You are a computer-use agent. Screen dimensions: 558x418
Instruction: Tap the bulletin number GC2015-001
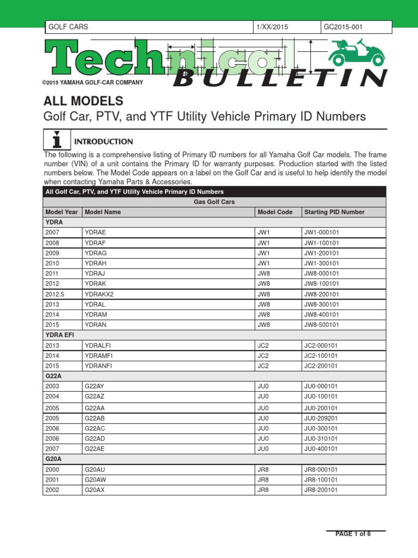point(342,27)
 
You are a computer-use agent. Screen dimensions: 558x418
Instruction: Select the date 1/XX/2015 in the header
point(273,27)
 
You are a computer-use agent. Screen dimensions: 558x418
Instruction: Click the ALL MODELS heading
point(83,101)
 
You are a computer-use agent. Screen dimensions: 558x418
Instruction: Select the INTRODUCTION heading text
point(103,142)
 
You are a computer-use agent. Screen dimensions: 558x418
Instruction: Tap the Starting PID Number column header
point(334,212)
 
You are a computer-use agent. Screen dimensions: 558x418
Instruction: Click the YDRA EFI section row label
point(59,335)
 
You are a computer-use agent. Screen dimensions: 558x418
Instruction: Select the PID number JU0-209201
point(321,418)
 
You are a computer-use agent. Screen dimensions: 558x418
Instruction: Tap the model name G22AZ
point(95,397)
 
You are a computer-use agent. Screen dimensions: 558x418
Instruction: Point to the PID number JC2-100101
point(321,355)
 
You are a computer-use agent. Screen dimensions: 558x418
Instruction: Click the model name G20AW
point(95,480)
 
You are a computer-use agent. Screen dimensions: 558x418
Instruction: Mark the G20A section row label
point(54,459)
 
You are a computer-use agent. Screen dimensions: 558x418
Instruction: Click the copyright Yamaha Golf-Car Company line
point(93,82)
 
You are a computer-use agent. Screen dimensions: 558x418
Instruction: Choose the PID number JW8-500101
point(321,325)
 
